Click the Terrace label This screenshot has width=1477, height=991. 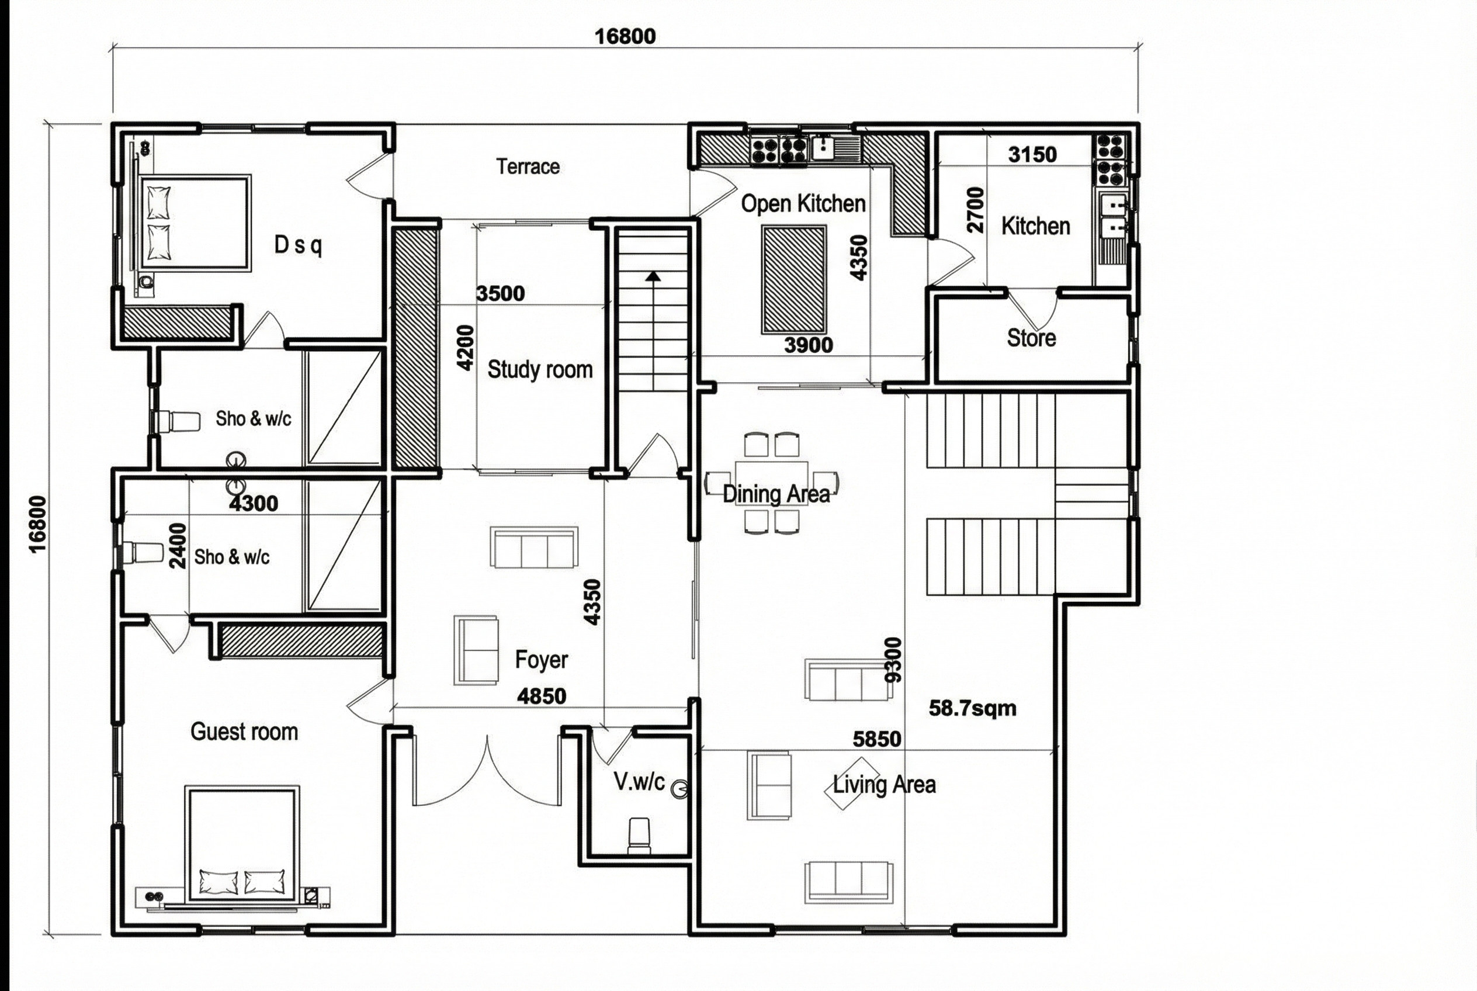(528, 167)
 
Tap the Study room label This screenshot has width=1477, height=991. (540, 370)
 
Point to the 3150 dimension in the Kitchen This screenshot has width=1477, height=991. (1032, 154)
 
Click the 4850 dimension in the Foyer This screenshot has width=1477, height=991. (542, 696)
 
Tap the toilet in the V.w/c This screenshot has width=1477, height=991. (639, 836)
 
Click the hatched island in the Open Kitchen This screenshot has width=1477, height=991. (794, 279)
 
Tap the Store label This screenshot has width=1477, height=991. (1031, 338)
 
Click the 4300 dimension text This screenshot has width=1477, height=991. (254, 503)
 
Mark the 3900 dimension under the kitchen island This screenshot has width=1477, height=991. (809, 345)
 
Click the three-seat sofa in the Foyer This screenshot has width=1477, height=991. (534, 548)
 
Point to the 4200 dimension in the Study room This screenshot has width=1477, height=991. (465, 348)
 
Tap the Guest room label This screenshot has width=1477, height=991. (244, 732)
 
